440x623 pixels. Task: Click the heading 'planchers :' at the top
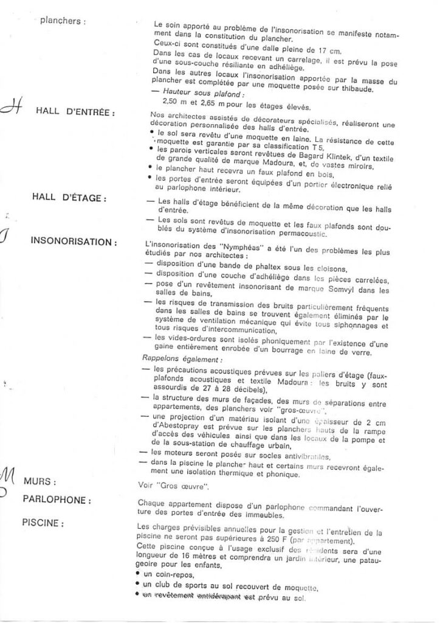pos(63,21)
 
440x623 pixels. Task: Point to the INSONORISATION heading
pos(74,242)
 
